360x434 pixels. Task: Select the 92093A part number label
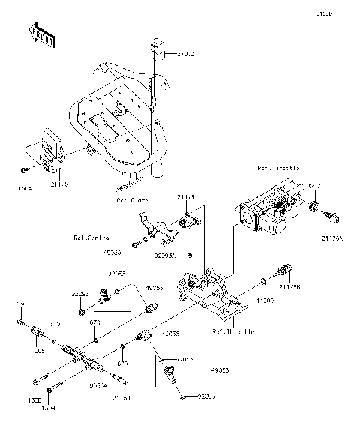166,256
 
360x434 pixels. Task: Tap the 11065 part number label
36,350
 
